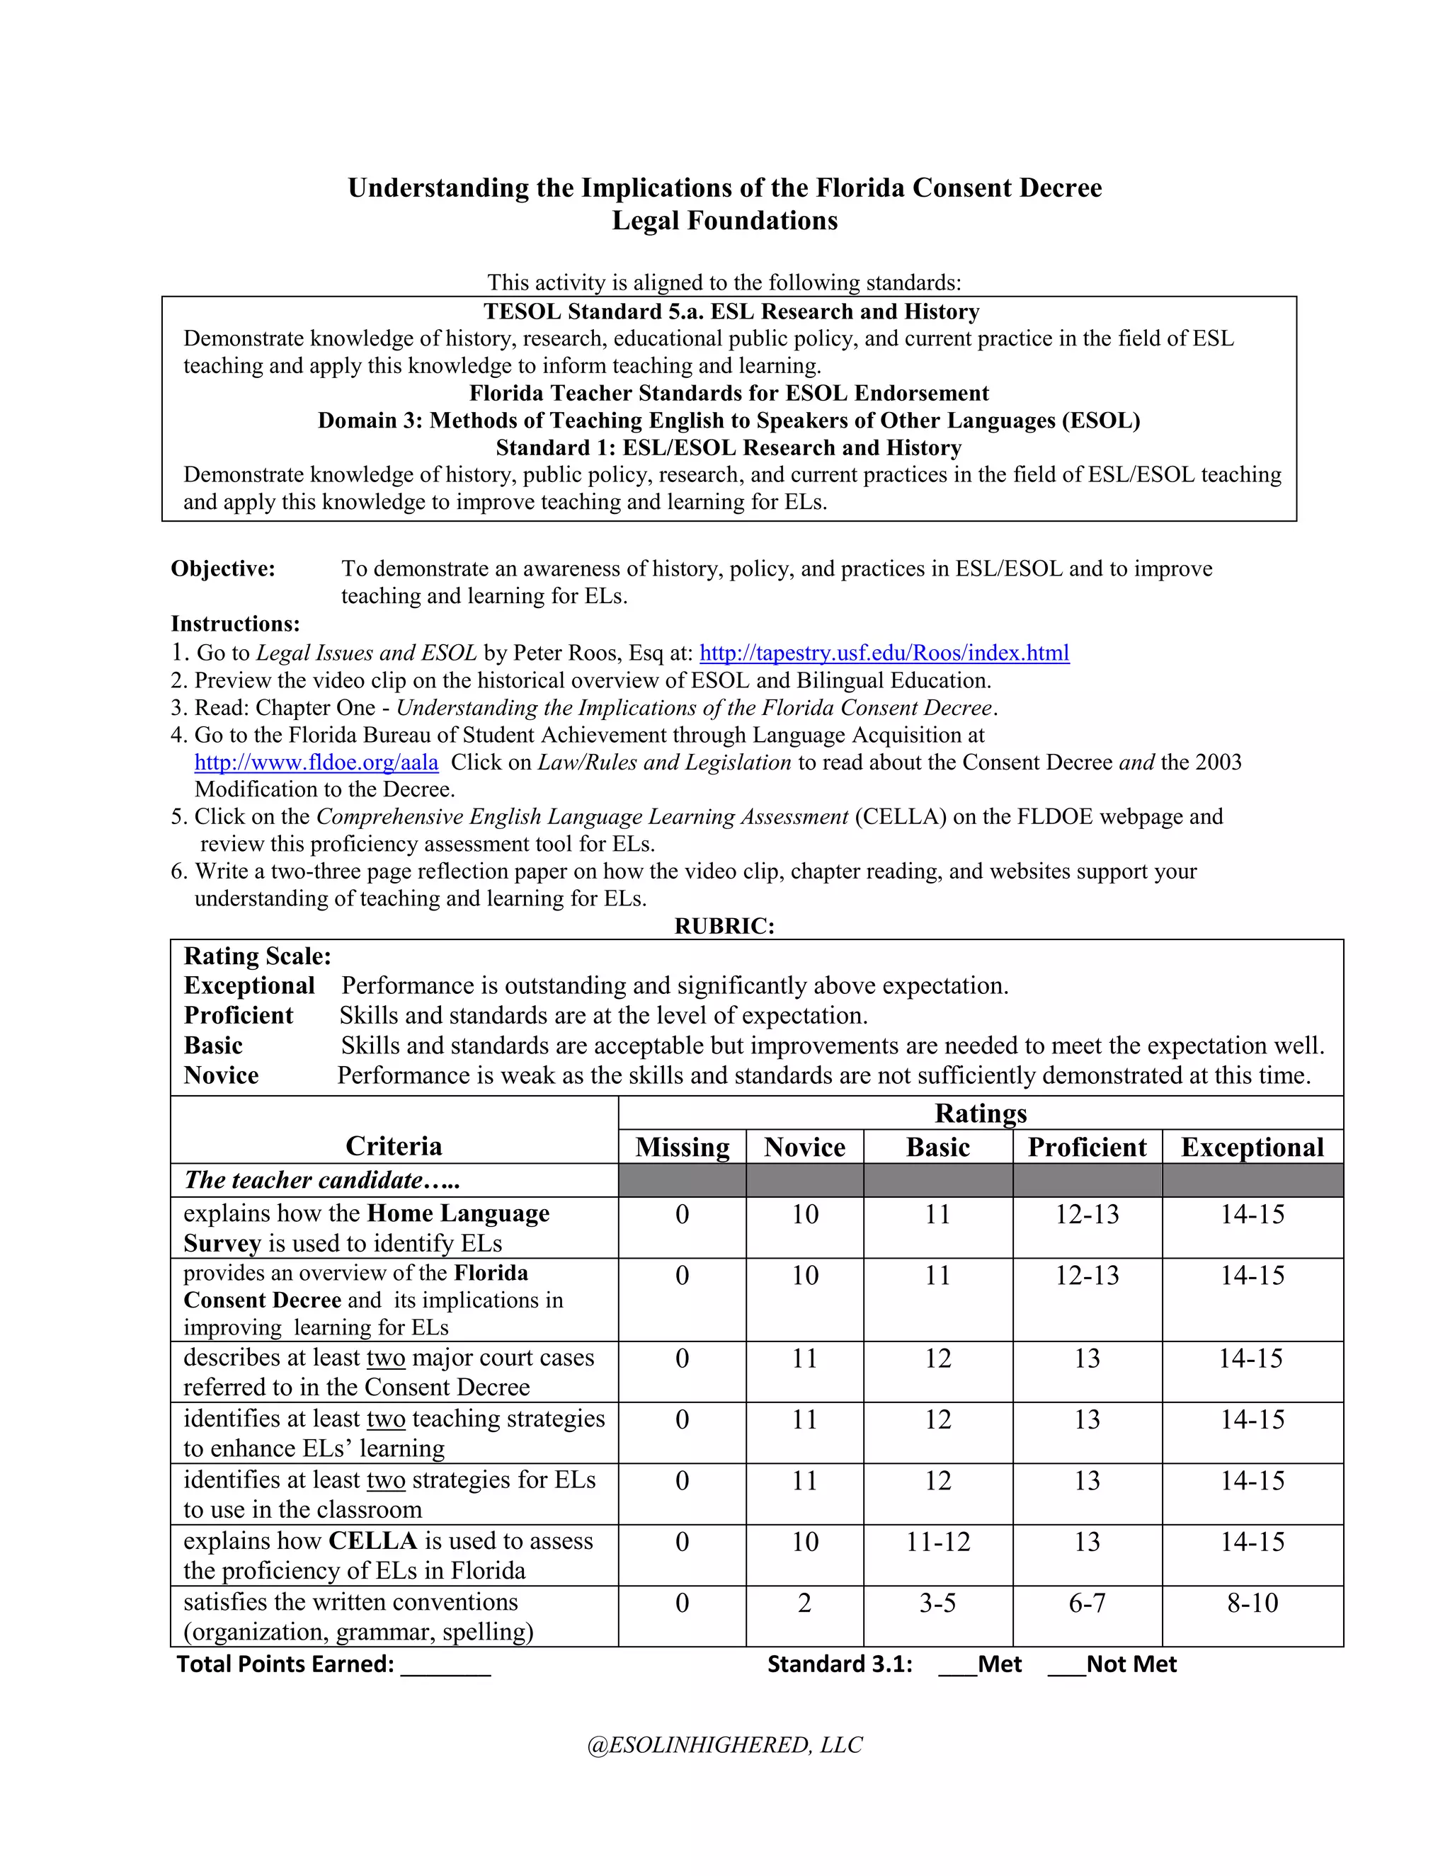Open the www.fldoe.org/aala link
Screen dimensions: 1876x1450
pyautogui.click(x=316, y=762)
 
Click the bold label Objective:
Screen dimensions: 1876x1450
pyautogui.click(x=222, y=568)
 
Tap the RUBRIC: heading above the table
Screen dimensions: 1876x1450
pyautogui.click(x=724, y=926)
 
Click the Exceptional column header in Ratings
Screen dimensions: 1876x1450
pyautogui.click(x=1252, y=1148)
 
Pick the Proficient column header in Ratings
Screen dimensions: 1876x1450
pyautogui.click(x=1087, y=1148)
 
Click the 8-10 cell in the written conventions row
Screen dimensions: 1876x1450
pyautogui.click(x=1252, y=1603)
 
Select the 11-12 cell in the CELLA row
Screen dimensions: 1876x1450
pyautogui.click(x=937, y=1542)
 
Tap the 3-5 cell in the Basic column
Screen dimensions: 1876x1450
pyautogui.click(x=937, y=1603)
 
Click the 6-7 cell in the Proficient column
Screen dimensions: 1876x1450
pyautogui.click(x=1087, y=1603)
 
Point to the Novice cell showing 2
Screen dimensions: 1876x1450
pyautogui.click(x=804, y=1603)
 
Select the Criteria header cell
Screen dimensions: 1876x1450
pyautogui.click(x=394, y=1146)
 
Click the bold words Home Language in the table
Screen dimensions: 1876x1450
pyautogui.click(x=458, y=1213)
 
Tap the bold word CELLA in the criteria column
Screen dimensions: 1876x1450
pyautogui.click(x=373, y=1541)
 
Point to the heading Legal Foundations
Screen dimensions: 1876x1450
pyautogui.click(x=724, y=221)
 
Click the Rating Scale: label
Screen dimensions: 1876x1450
pyautogui.click(x=257, y=956)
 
